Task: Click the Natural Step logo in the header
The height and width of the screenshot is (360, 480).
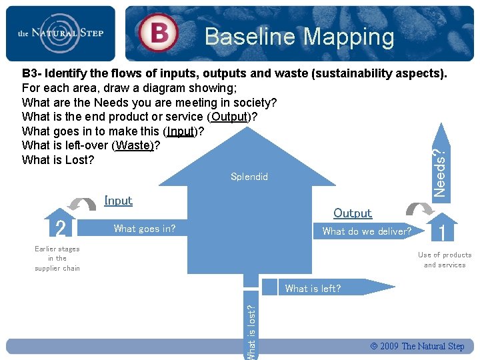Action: (60, 33)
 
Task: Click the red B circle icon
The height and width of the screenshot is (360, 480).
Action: (158, 33)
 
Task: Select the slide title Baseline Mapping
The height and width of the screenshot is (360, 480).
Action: (299, 37)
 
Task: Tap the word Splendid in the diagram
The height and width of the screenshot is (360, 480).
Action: (249, 177)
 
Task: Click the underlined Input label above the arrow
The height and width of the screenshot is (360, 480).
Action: (119, 200)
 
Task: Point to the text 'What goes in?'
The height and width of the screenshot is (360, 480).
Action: (145, 229)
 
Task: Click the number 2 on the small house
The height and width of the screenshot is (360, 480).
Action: (61, 229)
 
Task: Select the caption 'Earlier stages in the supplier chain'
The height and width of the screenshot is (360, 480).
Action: (57, 259)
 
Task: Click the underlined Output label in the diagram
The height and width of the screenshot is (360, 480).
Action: (353, 213)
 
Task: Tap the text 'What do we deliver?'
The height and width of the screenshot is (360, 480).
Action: (367, 231)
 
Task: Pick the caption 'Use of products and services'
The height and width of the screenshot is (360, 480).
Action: (445, 260)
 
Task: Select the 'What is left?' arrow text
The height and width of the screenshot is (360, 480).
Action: (313, 289)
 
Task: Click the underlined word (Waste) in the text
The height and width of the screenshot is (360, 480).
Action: (134, 145)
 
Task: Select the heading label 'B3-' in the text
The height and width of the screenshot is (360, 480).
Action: (35, 73)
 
